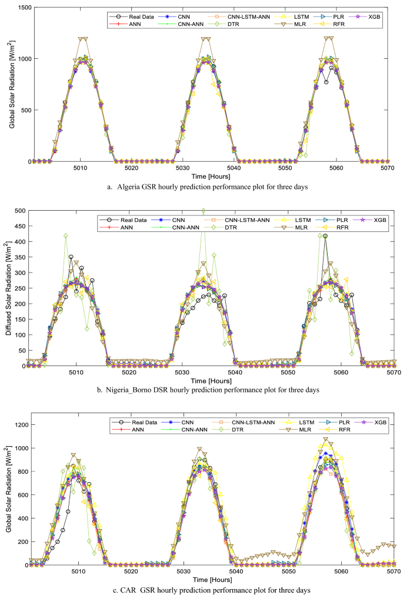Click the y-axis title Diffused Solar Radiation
pyautogui.click(x=7, y=288)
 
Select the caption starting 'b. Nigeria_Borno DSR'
pyautogui.click(x=213, y=390)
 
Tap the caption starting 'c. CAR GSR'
pyautogui.click(x=213, y=589)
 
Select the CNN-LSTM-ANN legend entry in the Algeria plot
pyautogui.click(x=247, y=16)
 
